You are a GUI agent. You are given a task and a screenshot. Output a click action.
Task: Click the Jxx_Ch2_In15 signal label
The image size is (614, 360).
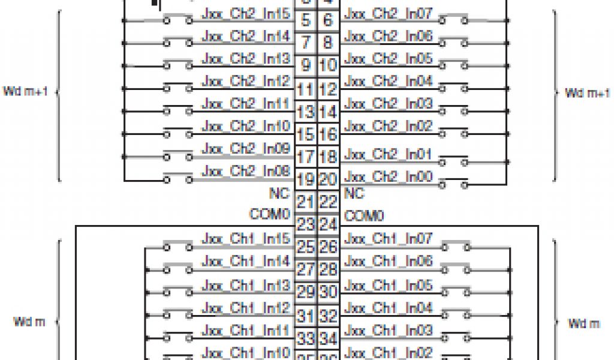246,14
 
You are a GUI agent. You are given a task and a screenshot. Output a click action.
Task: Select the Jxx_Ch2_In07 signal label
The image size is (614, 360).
388,14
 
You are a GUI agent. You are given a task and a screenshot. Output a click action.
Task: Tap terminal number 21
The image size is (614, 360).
306,202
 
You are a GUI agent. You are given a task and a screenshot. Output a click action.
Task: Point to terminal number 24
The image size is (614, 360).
327,225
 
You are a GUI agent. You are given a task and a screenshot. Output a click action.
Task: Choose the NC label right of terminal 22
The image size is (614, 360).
354,194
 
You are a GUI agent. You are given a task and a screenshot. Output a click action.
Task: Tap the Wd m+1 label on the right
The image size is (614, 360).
588,92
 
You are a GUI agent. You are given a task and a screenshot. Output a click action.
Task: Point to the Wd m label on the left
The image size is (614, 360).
29,322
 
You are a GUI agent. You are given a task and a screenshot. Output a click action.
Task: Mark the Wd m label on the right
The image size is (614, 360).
584,323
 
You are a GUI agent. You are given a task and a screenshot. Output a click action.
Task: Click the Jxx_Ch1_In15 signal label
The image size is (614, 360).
246,239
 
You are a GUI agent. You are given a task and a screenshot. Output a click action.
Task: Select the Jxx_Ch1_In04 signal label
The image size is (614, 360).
388,307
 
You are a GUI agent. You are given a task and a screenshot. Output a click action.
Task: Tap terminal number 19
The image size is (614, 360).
306,179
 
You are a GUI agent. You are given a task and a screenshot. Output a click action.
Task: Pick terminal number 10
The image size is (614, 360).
327,65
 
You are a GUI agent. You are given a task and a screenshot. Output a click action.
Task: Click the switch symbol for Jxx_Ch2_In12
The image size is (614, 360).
176,88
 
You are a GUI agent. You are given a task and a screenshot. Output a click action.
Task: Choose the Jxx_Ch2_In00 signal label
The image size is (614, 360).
388,177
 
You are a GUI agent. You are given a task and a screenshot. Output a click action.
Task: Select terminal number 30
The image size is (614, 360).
327,293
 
